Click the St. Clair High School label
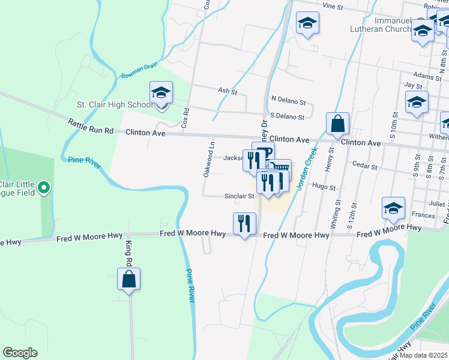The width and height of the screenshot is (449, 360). (115, 104)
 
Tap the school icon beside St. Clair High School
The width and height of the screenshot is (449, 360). (161, 93)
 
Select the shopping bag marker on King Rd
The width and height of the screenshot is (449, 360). (128, 280)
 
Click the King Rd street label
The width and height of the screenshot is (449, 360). (128, 253)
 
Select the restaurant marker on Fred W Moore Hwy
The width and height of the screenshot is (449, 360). (244, 223)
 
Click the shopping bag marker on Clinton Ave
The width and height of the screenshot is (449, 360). (338, 124)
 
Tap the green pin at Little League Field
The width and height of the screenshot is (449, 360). (43, 188)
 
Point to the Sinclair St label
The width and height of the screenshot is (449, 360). (240, 196)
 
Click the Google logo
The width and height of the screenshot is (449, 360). (20, 353)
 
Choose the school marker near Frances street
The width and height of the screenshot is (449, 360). (393, 208)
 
